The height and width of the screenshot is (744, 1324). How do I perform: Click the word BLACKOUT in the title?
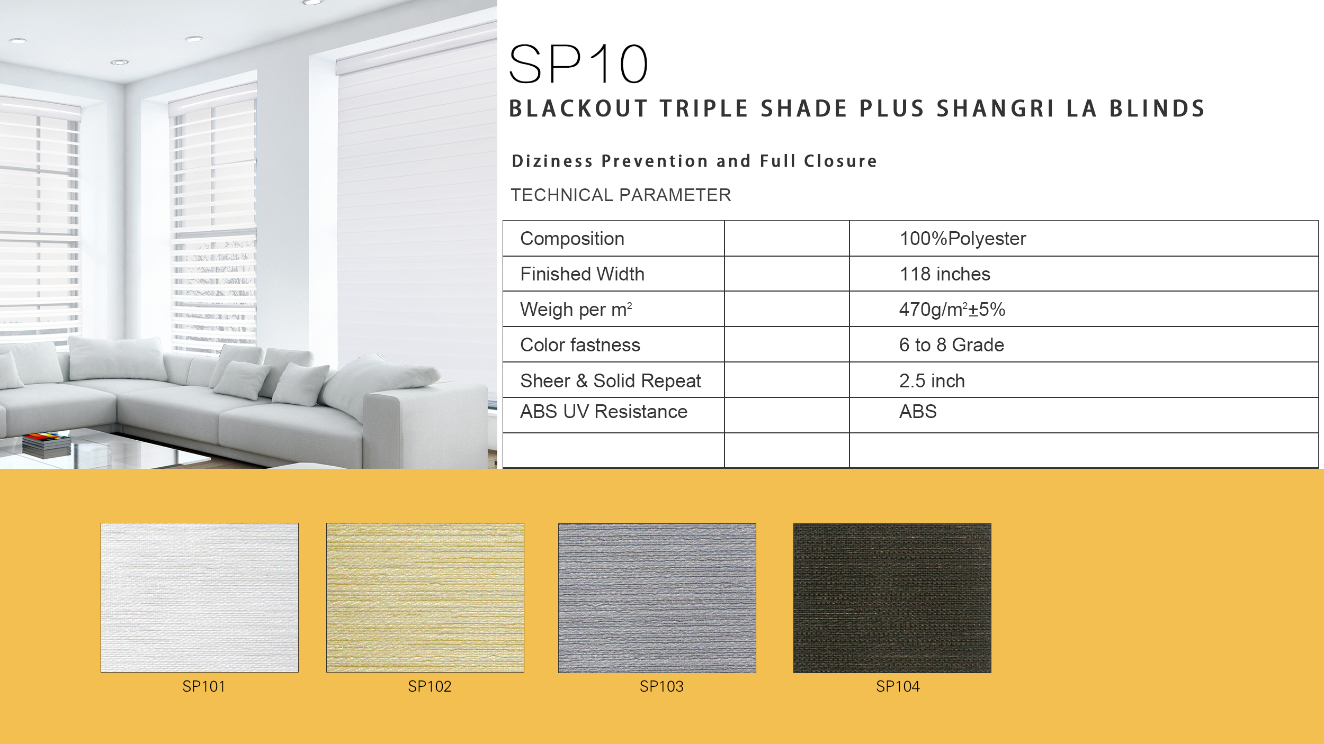click(578, 108)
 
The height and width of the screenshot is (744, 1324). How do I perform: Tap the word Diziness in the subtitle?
click(552, 161)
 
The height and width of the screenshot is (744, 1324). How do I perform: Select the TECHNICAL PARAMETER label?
click(621, 195)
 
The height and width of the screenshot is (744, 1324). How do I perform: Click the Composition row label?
click(572, 239)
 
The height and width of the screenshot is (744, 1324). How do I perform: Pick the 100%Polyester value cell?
click(963, 239)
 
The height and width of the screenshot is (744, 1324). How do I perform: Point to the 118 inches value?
click(945, 274)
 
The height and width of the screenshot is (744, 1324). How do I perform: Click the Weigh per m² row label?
click(576, 310)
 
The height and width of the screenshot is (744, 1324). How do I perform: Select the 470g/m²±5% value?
click(952, 310)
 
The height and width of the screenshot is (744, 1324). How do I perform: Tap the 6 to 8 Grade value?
click(952, 345)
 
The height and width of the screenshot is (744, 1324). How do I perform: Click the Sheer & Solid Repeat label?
click(611, 381)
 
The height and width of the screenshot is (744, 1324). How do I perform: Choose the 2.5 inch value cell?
click(932, 381)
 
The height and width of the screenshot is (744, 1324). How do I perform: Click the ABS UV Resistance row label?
click(604, 412)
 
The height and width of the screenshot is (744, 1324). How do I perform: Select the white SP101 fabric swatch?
click(200, 597)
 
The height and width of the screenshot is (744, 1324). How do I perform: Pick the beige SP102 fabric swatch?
click(425, 597)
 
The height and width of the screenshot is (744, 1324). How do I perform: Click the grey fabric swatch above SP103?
click(657, 598)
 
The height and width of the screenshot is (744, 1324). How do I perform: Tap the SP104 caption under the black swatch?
click(898, 686)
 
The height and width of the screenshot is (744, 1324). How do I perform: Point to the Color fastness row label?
click(580, 345)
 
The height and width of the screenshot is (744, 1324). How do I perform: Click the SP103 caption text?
click(661, 686)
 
